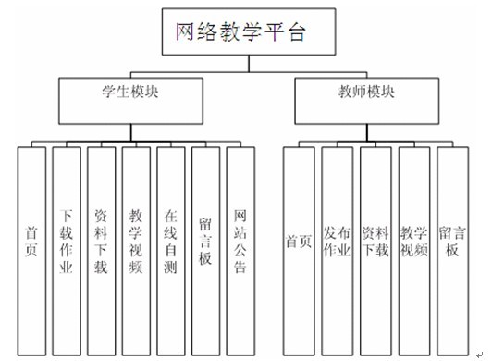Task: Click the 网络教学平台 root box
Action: click(239, 31)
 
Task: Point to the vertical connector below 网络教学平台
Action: click(239, 65)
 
